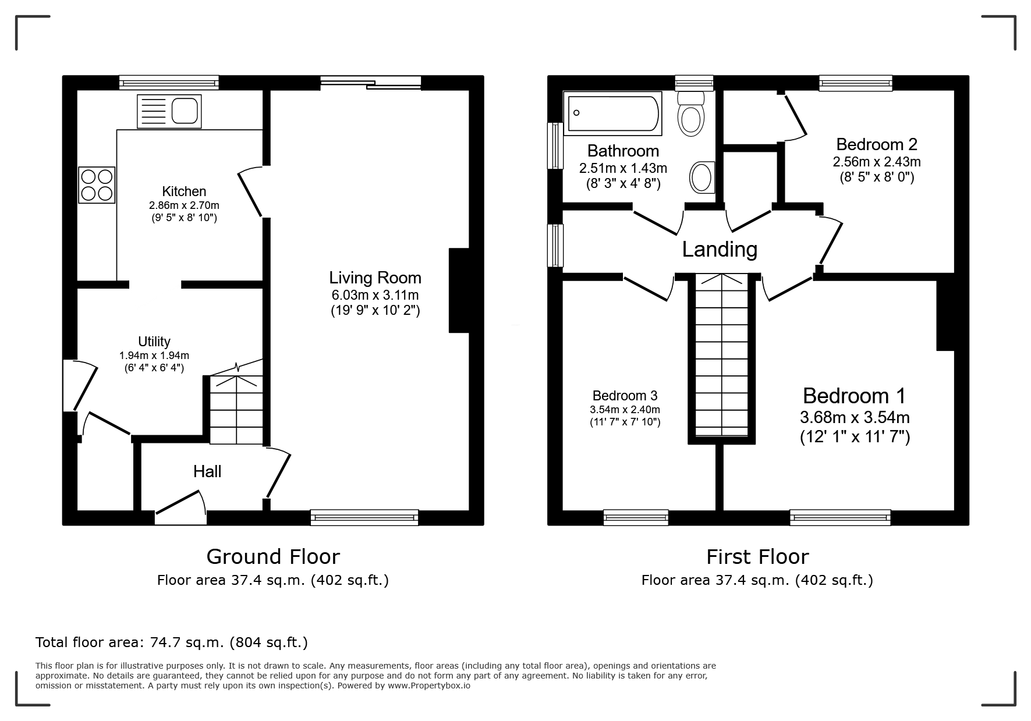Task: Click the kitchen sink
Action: click(169, 111)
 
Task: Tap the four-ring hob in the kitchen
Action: click(97, 185)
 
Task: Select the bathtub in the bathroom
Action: click(612, 112)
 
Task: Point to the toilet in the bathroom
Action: click(691, 113)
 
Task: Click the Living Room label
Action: click(375, 278)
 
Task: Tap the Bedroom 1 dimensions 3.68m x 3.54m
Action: click(855, 417)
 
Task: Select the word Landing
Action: click(720, 250)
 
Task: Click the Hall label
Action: click(207, 471)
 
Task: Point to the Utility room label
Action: click(154, 342)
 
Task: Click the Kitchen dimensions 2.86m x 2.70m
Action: click(184, 205)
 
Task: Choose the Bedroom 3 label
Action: click(625, 396)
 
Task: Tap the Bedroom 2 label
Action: click(877, 144)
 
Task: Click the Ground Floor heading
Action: click(273, 557)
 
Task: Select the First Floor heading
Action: click(757, 557)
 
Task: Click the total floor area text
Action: click(172, 642)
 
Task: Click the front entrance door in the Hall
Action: click(181, 503)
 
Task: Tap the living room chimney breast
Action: click(459, 290)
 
